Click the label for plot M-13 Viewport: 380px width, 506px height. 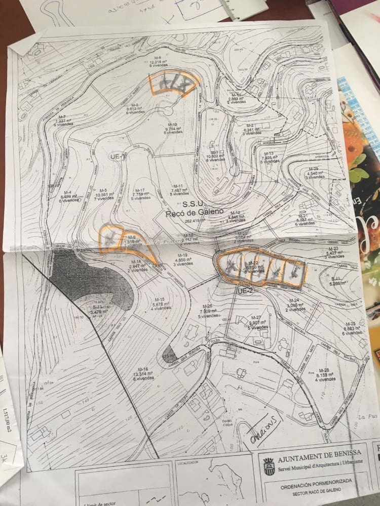point(269,154)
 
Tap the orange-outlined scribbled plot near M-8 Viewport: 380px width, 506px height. point(172,82)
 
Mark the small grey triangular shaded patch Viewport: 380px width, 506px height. point(169,353)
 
